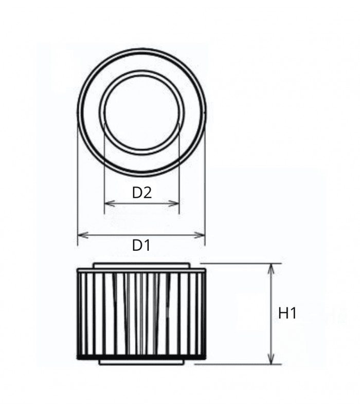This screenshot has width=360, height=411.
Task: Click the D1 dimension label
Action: pos(141,246)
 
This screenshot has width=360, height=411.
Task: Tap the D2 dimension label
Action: pos(141,193)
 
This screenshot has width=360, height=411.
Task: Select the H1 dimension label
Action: pos(287,313)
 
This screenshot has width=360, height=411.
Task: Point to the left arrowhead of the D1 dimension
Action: pos(80,235)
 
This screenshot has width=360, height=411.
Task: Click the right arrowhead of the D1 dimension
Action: pos(202,235)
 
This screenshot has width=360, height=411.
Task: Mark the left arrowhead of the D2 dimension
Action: pos(106,204)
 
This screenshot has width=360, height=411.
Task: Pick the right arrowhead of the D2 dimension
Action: pos(176,204)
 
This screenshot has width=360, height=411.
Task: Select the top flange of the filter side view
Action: pos(141,265)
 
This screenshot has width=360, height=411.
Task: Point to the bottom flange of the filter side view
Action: pos(141,362)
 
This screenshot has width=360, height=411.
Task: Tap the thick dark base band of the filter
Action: pos(141,356)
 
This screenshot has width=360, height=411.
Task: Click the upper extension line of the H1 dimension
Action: pos(242,263)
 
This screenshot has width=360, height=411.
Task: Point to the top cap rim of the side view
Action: pos(141,270)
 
